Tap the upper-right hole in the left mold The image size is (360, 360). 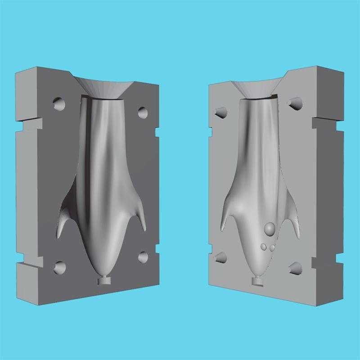pos(143,112)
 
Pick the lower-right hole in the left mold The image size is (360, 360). pos(144,257)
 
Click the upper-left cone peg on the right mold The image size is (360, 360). pos(219,112)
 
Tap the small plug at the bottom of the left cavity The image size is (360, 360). pos(105,281)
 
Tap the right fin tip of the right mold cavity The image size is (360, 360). pos(298,235)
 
